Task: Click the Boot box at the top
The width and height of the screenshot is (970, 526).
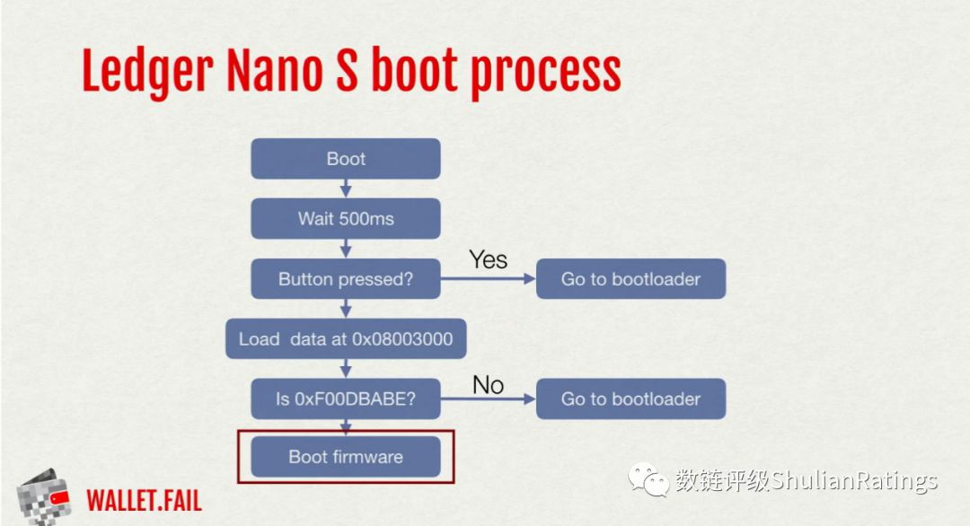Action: [x=346, y=159]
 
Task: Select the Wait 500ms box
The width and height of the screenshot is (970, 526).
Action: [x=346, y=219]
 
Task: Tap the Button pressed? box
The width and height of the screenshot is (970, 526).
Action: [x=346, y=279]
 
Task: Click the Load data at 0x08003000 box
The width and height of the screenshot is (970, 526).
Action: [x=346, y=338]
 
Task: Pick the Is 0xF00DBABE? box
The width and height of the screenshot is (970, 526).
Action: [x=346, y=399]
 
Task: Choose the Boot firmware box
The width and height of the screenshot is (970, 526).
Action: [x=346, y=457]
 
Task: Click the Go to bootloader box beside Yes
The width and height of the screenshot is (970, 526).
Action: [x=631, y=279]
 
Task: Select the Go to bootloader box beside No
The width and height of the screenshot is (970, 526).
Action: [x=631, y=399]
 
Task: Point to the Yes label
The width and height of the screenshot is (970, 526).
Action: [x=488, y=259]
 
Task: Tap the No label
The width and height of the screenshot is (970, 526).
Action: [x=488, y=385]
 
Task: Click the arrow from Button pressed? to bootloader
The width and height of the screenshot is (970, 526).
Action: [x=488, y=279]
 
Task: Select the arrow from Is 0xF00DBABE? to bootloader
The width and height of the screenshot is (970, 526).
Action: [x=488, y=399]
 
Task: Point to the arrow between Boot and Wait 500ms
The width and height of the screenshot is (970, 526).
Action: [x=346, y=188]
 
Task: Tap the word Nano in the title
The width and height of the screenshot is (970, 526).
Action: [x=275, y=71]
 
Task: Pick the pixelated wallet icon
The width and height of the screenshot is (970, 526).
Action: [x=43, y=497]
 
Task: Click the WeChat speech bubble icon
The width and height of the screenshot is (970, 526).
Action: [x=648, y=479]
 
